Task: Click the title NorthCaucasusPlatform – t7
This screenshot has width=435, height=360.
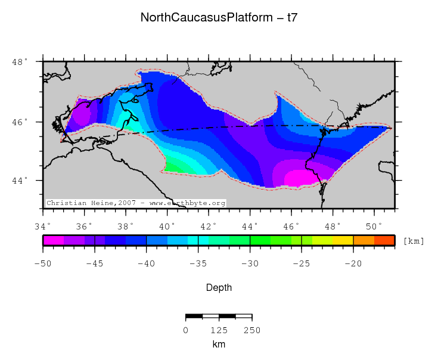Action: tap(219, 17)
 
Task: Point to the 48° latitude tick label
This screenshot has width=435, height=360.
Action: tap(20, 62)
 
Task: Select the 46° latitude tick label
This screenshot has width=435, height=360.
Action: tap(20, 122)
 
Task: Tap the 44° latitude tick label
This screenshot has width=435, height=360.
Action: tap(20, 181)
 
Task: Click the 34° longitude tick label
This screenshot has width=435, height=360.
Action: tap(43, 226)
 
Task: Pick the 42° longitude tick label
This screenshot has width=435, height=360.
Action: tap(209, 226)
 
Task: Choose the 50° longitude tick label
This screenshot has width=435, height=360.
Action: tap(374, 226)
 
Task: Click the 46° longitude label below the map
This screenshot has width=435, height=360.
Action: tap(291, 226)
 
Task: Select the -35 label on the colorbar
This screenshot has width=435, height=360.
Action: tap(198, 263)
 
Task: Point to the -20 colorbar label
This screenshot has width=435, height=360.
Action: tap(353, 263)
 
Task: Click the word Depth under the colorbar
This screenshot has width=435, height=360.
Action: tap(219, 288)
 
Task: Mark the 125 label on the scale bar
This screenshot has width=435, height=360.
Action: tap(219, 330)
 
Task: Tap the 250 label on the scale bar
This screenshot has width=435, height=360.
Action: tap(252, 330)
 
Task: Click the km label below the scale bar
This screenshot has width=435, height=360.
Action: tap(219, 345)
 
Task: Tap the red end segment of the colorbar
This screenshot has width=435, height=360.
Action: tap(384, 240)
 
